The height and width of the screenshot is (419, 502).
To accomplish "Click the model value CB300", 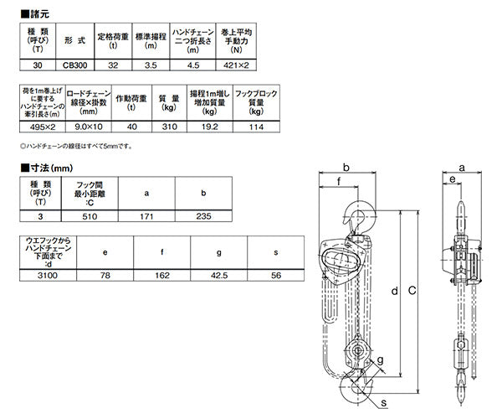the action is point(74,65).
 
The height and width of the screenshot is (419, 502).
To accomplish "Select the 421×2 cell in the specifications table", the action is point(236,65).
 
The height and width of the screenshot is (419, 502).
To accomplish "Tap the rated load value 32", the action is point(113,65).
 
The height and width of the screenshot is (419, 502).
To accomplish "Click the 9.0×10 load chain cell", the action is point(89,127).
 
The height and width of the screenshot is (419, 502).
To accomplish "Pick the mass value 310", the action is point(169,127).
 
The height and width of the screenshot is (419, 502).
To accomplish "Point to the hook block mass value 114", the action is point(256,127).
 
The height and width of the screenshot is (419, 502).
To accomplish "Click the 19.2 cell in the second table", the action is point(210,127).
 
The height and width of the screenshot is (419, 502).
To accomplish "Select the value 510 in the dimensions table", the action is point(90,216).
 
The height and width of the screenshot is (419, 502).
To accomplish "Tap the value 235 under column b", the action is point(203,216).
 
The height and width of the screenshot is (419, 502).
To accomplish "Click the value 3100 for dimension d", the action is point(48,276).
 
